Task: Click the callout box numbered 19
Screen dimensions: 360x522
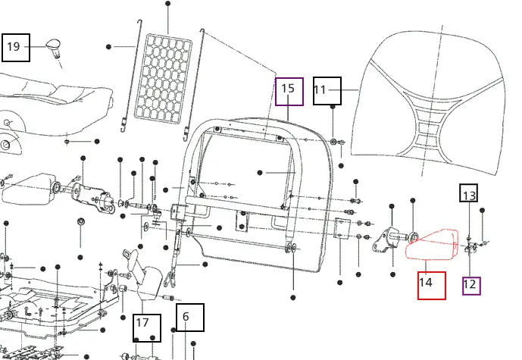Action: (15, 47)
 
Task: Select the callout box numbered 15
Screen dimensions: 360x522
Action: (289, 91)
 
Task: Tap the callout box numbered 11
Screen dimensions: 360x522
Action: (327, 91)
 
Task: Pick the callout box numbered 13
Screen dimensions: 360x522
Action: (469, 195)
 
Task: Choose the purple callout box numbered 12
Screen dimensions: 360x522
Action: (470, 285)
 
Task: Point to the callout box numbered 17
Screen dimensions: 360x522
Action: (146, 327)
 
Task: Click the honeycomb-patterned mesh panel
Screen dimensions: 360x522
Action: (162, 77)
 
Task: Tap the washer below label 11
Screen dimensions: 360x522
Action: (334, 142)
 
